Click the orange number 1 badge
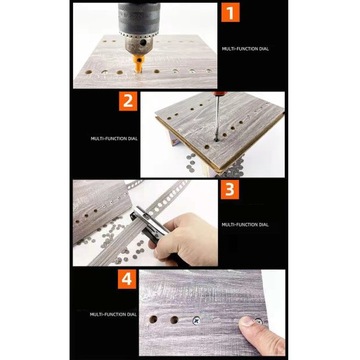[x=230, y=12]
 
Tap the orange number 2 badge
[x=128, y=101]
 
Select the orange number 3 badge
[x=230, y=190]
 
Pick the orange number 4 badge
[x=127, y=279]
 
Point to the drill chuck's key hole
[x=143, y=43]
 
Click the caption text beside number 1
[x=245, y=49]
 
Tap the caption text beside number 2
[x=114, y=138]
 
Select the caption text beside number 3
[x=245, y=225]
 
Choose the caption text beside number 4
[x=113, y=314]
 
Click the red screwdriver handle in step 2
[x=219, y=94]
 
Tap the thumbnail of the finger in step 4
[x=248, y=321]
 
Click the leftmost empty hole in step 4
[x=153, y=319]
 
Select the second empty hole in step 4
[x=174, y=320]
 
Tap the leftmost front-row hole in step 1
[x=88, y=72]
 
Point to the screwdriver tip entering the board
[x=216, y=139]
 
